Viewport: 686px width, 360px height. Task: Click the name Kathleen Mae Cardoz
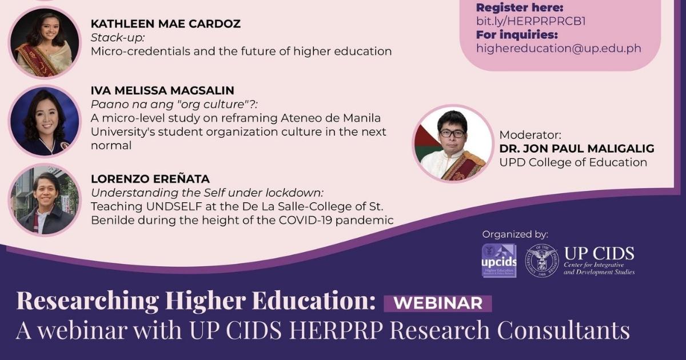(x=165, y=24)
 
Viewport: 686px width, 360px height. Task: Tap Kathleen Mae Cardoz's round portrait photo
(x=45, y=43)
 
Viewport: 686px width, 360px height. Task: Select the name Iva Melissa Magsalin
(x=162, y=90)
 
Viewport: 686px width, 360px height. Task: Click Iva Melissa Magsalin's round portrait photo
(x=45, y=121)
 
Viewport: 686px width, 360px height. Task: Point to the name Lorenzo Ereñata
(x=150, y=179)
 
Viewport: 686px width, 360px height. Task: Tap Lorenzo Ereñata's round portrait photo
(x=45, y=199)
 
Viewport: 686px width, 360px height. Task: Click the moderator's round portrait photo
(x=453, y=143)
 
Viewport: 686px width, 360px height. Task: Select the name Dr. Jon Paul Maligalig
(x=576, y=149)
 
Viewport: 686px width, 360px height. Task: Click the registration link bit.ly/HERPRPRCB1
(x=531, y=22)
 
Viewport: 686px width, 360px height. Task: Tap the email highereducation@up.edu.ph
(x=559, y=49)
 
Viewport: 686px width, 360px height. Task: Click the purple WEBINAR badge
(x=438, y=303)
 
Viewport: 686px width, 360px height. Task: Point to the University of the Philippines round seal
(x=542, y=261)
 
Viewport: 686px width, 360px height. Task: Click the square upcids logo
(x=499, y=261)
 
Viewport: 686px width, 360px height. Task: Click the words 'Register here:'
(x=519, y=8)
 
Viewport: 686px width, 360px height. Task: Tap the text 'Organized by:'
(x=515, y=234)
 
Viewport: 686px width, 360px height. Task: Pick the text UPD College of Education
(x=573, y=162)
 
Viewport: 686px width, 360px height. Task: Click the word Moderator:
(x=530, y=135)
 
